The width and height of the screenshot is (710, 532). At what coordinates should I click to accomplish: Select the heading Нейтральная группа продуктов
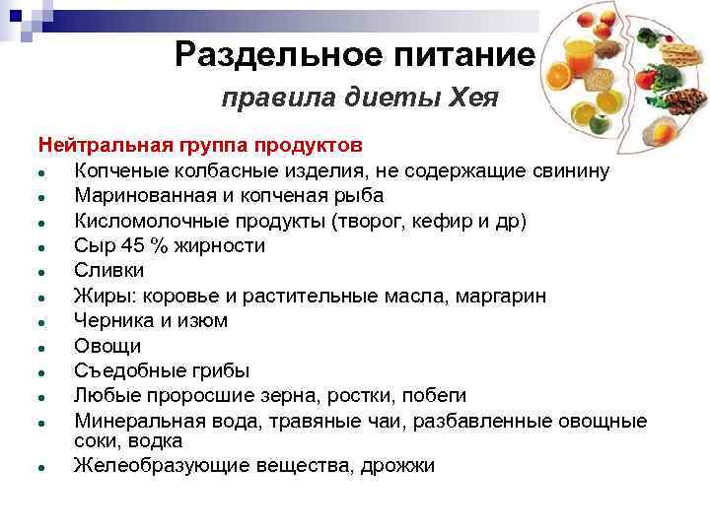(x=201, y=146)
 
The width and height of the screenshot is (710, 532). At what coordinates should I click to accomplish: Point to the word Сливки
(x=108, y=270)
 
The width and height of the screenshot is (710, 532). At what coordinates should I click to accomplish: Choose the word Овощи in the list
(x=107, y=346)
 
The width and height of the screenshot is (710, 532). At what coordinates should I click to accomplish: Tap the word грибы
(x=216, y=370)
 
